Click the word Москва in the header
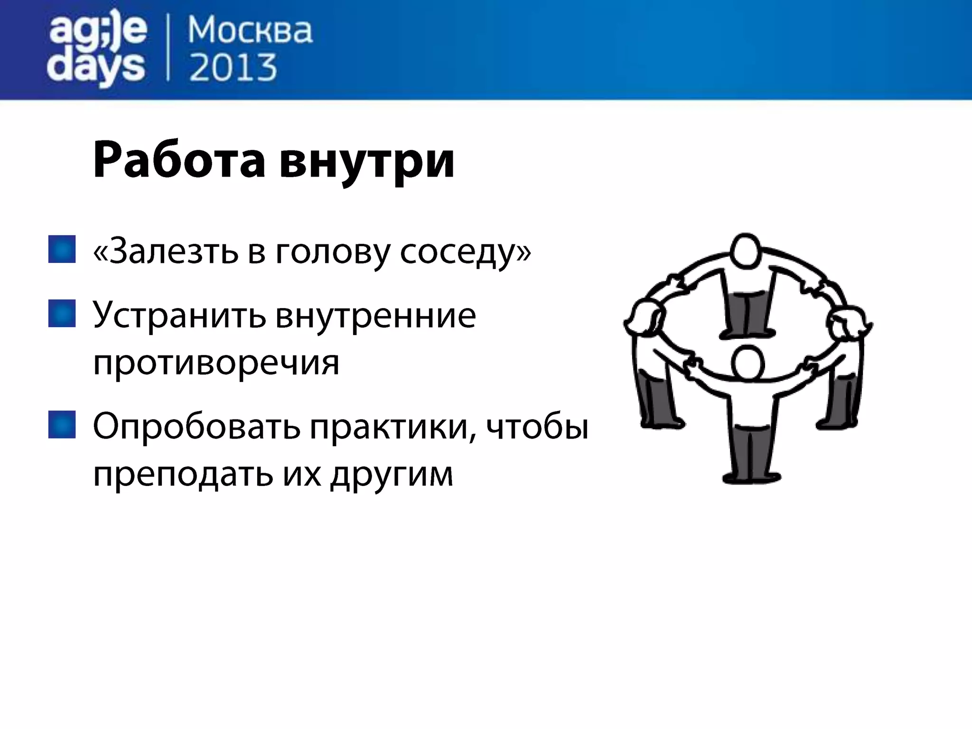[250, 31]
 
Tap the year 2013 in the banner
[233, 68]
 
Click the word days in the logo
[96, 68]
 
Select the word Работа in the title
[179, 160]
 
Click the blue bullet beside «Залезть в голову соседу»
[62, 249]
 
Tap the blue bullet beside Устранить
[62, 313]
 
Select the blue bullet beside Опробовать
[62, 424]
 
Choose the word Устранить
[179, 315]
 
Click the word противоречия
[216, 363]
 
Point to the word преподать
[183, 475]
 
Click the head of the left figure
[644, 319]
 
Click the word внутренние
[375, 315]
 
